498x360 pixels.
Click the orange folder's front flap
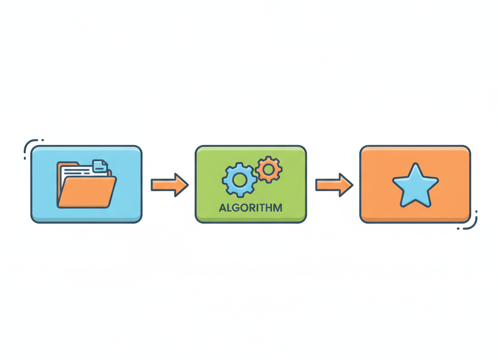click(87, 192)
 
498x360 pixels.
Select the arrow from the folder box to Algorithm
click(169, 185)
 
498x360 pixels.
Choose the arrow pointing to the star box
click(334, 185)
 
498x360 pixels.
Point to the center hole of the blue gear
click(239, 180)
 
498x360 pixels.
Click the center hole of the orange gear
click(267, 169)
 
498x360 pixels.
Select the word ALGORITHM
click(250, 208)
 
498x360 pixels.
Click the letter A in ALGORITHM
click(223, 208)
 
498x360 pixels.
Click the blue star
click(415, 186)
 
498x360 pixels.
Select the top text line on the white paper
click(78, 166)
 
